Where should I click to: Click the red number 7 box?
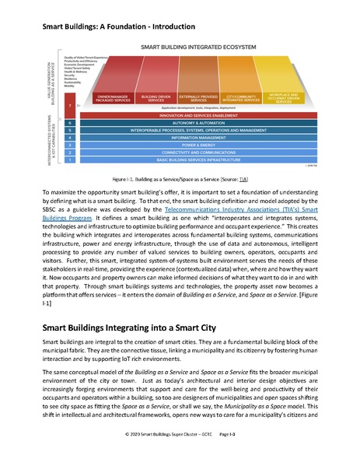pyautogui.click(x=71, y=105)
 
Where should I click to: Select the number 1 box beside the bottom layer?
pyautogui.click(x=71, y=159)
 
